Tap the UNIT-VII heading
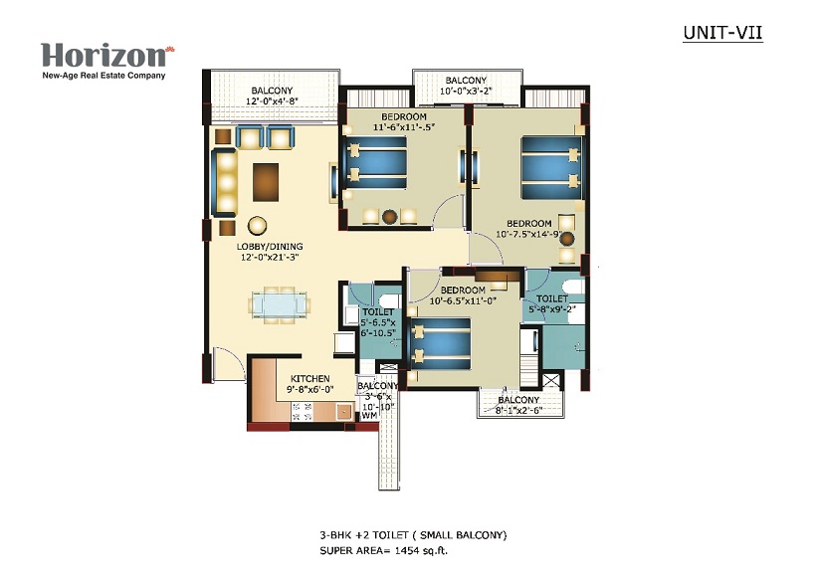pos(722,32)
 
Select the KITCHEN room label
pos(309,379)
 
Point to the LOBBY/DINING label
pos(270,247)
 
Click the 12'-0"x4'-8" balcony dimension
pos(272,100)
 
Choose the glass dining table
pos(279,305)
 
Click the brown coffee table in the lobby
pos(266,182)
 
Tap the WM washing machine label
pos(369,415)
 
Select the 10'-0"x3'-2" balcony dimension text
pos(466,91)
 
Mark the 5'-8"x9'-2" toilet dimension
pos(552,308)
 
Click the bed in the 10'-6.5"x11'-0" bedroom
pos(440,344)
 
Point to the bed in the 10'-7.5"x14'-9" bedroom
pos(551,167)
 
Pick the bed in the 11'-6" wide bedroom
pos(376,162)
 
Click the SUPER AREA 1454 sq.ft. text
pos(383,550)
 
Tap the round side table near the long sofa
pos(257,226)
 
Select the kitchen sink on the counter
pos(344,411)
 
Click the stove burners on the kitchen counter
pos(301,412)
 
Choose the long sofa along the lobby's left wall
pos(224,182)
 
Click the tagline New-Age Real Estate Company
pos(103,76)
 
